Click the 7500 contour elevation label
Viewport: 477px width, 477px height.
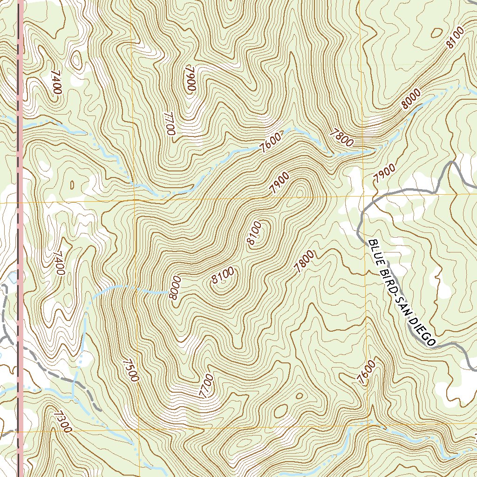[131, 370]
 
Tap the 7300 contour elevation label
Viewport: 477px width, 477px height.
[62, 421]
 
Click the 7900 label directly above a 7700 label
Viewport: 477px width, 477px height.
[190, 80]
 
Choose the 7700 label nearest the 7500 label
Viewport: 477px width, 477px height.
[205, 386]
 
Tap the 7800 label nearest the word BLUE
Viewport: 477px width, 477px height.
[305, 261]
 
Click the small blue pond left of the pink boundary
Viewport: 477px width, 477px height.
[10, 279]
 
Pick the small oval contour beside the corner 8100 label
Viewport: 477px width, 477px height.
[437, 32]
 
